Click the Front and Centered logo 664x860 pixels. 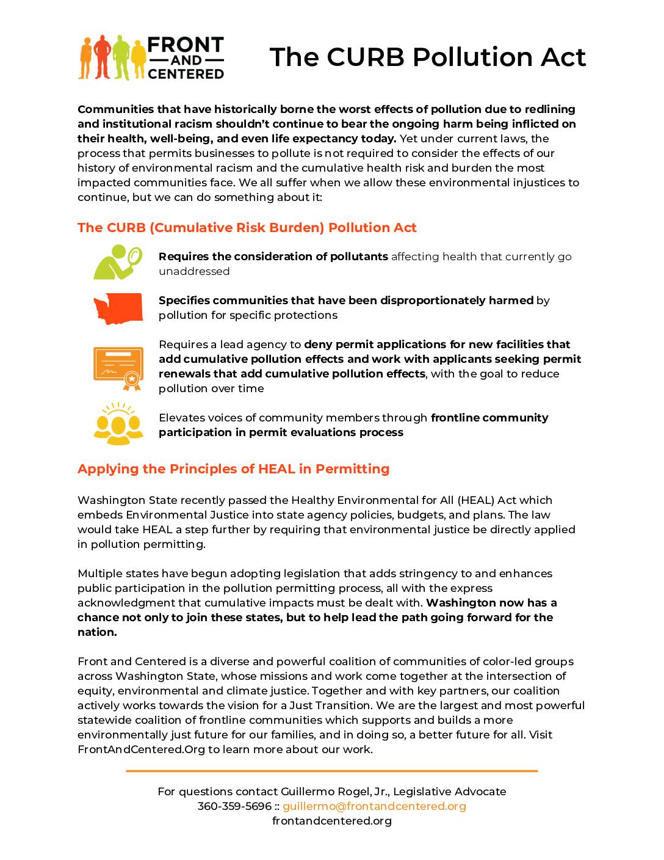[151, 58]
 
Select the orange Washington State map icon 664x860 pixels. [118, 308]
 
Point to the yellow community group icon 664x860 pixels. [118, 423]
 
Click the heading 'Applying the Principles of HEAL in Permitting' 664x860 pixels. [233, 469]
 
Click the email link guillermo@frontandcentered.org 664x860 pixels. [374, 806]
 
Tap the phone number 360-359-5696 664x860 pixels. [234, 806]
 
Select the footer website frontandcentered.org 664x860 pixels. [332, 821]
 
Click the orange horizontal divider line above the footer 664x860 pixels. [332, 771]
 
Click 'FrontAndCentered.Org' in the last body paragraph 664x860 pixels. [141, 749]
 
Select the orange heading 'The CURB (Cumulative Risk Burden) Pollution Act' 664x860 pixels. [247, 228]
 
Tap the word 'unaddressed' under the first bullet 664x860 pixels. [194, 271]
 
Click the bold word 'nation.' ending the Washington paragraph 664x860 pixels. [97, 632]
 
